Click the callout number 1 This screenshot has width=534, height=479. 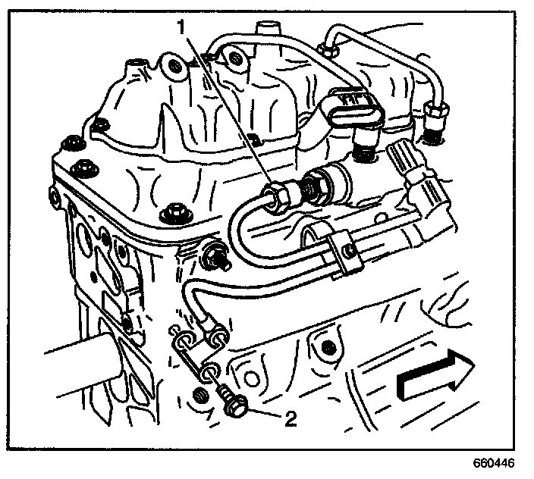pos(181,27)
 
